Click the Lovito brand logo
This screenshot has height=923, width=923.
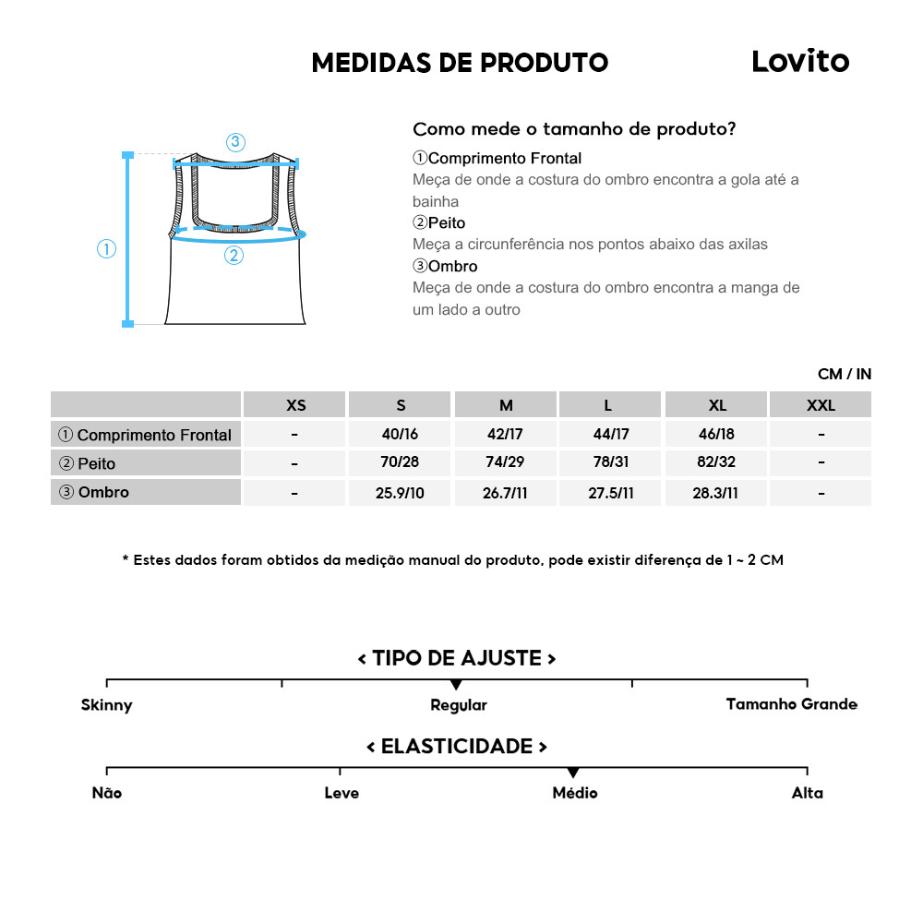tap(799, 61)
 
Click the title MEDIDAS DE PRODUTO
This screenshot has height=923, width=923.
tap(460, 63)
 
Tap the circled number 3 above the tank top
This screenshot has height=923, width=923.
tap(235, 142)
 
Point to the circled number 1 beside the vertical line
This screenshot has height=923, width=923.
tap(107, 249)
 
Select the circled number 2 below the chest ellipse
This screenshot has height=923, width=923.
tap(234, 256)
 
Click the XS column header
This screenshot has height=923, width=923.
tap(295, 405)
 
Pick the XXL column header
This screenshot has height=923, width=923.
tap(821, 405)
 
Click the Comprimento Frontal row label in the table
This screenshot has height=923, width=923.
tap(146, 435)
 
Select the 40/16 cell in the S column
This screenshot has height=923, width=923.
tap(400, 435)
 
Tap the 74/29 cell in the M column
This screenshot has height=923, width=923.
tap(506, 463)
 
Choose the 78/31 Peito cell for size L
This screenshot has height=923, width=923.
tap(611, 463)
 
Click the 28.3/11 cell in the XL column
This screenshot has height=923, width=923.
tap(716, 493)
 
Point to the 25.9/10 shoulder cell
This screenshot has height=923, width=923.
tap(400, 493)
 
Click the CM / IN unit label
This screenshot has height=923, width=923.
tap(844, 374)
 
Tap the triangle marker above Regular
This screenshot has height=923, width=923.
tap(456, 685)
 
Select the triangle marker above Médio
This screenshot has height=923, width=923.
tap(573, 773)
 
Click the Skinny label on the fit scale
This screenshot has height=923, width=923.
tap(107, 705)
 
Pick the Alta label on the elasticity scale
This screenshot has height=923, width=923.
tap(807, 793)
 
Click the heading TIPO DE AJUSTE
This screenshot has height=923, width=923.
tap(457, 658)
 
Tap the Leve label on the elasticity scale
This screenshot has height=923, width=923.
tap(342, 793)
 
